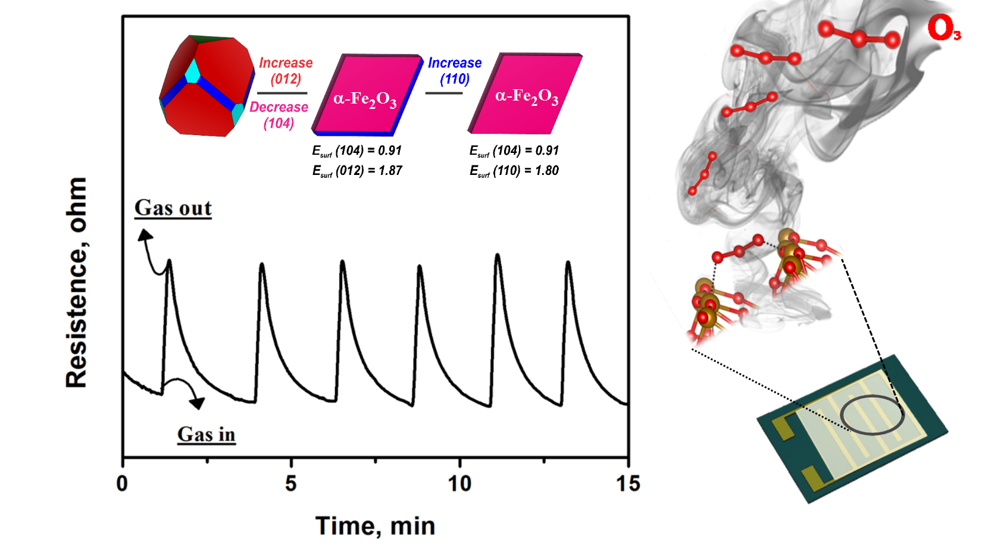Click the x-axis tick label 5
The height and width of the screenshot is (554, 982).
click(290, 483)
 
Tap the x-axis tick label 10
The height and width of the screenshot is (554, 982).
click(459, 483)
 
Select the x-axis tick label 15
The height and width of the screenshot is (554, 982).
click(628, 483)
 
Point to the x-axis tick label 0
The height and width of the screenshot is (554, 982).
click(122, 483)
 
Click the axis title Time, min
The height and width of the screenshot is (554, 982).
click(375, 526)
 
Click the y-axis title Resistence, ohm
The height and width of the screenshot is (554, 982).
click(77, 283)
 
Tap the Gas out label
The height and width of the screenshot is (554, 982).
click(173, 208)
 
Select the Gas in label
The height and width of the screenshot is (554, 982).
click(207, 434)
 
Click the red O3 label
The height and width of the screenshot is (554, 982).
click(944, 29)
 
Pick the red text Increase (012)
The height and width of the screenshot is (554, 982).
click(286, 71)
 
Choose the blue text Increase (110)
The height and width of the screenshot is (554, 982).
click(455, 71)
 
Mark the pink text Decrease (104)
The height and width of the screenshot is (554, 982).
click(279, 115)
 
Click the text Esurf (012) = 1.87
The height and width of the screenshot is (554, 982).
click(357, 171)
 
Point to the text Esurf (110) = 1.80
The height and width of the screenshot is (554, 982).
click(514, 171)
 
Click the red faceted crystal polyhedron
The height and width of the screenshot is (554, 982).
click(205, 86)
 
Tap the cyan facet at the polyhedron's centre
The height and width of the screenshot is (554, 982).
click(193, 71)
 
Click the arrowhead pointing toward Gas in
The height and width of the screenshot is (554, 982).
click(197, 403)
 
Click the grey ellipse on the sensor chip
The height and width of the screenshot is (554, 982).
click(872, 415)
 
